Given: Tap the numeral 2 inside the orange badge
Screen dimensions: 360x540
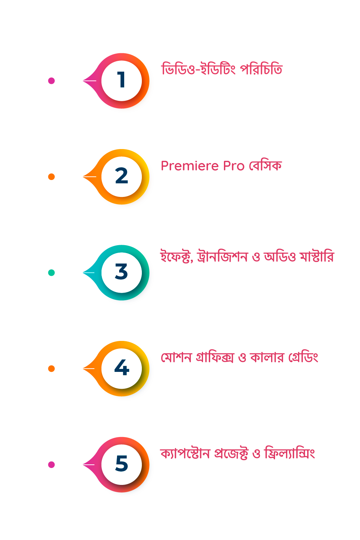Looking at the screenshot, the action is (122, 175).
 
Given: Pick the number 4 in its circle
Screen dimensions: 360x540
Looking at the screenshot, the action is (122, 367).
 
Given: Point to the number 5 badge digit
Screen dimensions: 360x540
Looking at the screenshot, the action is (122, 463).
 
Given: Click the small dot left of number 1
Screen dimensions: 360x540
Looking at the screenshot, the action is (51, 81).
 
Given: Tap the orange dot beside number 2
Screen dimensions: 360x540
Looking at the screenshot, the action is (51, 177).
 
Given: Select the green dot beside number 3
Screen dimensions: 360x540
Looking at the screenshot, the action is (51, 273).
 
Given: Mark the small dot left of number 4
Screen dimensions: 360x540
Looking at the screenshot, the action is (51, 369).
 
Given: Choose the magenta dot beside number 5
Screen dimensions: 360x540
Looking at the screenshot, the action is (51, 464).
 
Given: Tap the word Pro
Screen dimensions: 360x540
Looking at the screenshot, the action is (234, 166).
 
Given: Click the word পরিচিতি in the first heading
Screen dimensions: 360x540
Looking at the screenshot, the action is (261, 69).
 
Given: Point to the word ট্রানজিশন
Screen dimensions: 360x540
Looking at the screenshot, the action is (222, 256).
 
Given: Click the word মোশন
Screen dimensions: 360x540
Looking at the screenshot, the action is (176, 357).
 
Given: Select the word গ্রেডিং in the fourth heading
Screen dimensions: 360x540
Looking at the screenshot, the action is (303, 357).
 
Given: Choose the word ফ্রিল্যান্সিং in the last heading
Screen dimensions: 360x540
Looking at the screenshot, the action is (289, 453).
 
